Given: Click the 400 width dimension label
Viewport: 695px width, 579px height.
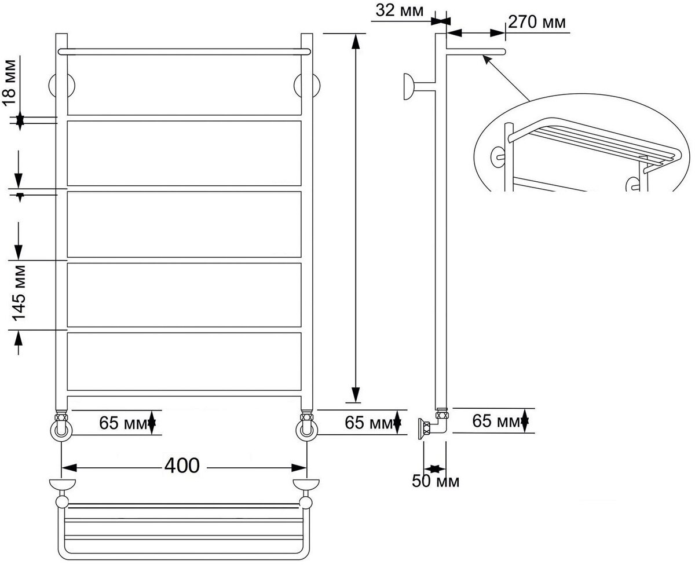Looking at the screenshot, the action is point(182,466).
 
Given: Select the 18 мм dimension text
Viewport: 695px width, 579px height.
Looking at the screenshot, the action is point(10,83).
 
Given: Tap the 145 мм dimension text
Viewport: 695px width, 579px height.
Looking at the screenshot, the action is point(19,293).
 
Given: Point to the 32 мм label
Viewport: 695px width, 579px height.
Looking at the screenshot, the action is point(400,10).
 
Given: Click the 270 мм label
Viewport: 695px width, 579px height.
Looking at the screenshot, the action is point(537,23).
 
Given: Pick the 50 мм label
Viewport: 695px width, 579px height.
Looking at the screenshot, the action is point(436,481).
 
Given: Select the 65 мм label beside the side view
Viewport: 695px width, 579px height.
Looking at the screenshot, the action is point(496,421).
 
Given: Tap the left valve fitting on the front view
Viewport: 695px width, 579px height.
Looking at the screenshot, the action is point(61,427).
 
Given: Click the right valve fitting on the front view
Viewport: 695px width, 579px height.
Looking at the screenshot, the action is point(306,427).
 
